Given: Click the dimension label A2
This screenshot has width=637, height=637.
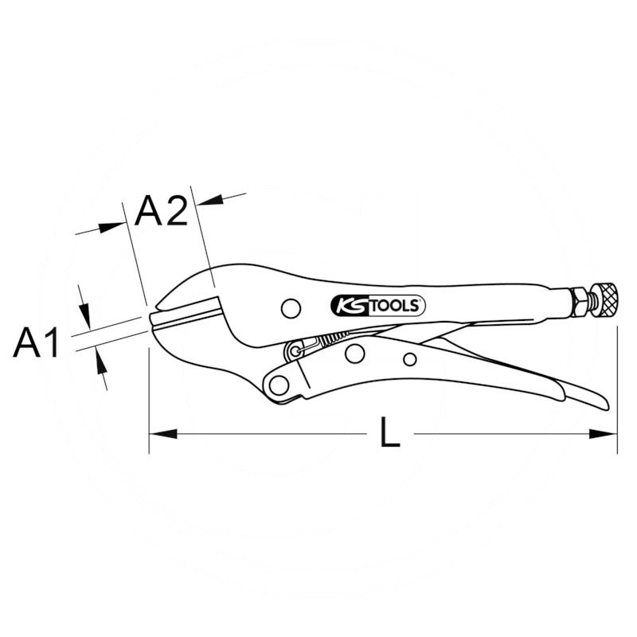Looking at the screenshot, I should click(x=161, y=211).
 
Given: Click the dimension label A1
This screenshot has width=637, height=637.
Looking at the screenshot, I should click(x=37, y=343).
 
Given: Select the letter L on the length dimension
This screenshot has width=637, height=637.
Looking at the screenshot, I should click(x=389, y=434).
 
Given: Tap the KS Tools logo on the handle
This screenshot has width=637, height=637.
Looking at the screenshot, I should click(x=377, y=305).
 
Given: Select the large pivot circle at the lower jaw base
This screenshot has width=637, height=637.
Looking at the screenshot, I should click(x=279, y=385).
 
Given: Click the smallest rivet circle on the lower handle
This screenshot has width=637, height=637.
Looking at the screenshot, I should click(x=409, y=359).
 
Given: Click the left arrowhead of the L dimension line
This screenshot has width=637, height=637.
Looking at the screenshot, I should click(x=159, y=434).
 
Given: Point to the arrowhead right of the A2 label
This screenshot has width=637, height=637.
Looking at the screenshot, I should click(x=209, y=199).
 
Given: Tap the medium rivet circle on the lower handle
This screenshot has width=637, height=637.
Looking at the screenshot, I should click(x=355, y=353).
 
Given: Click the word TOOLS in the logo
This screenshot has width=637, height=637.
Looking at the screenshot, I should click(x=395, y=306).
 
